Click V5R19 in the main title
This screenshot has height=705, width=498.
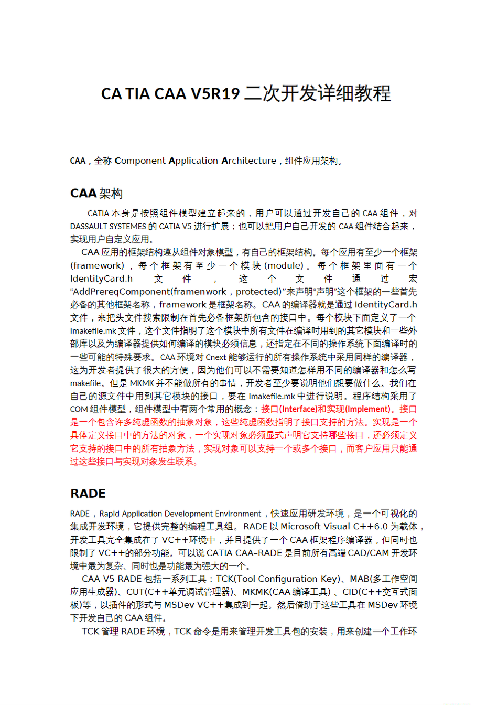215,94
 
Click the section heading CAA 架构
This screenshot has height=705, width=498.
96,194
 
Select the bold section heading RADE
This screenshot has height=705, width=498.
88,494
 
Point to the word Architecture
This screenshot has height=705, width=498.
249,161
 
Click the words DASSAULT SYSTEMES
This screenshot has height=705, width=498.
108,227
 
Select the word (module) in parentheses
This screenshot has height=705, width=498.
284,265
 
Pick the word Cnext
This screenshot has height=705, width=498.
215,357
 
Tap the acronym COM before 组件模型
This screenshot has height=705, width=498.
79,409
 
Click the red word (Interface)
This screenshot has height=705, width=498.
298,409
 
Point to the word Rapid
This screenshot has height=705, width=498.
110,514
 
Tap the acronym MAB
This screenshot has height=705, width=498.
360,579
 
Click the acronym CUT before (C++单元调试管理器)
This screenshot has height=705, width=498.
135,592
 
